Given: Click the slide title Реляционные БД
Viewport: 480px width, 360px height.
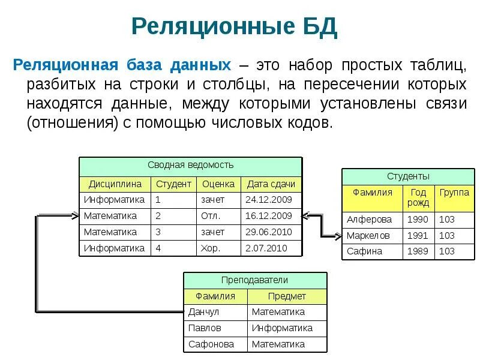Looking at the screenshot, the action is pos(234,26).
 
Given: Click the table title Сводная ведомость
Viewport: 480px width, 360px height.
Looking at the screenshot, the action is pos(191,165).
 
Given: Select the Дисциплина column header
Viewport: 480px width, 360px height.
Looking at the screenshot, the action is pos(115,184).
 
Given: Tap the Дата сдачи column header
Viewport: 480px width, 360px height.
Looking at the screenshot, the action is pos(271,184).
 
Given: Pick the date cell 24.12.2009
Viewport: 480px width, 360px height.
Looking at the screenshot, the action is pos(268,200).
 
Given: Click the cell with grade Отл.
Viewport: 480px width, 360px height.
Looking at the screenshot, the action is pos(211,216).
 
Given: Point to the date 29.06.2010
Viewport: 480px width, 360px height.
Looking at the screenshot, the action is pos(268,232).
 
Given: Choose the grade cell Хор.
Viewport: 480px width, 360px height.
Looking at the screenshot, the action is pos(211,248).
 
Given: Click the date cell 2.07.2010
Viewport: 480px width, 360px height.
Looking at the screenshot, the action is pos(266,248).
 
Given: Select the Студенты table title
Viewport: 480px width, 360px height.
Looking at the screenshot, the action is pos(408,176).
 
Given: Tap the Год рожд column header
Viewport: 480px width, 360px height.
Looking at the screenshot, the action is pos(418,197).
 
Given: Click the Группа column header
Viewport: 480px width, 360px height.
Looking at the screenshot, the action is pos(454,193).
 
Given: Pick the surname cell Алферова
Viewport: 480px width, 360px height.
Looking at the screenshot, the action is pos(369,220).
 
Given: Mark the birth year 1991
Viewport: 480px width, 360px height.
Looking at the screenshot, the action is pos(418,236).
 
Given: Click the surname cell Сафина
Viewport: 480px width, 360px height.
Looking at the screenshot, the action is pos(364,251).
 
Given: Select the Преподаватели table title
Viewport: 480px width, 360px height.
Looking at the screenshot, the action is pos(254,280).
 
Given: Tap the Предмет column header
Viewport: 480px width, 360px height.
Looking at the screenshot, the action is pos(287,296).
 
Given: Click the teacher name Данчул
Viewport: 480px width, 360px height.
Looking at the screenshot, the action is pos(203,312).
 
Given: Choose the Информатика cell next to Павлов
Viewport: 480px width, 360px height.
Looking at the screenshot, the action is pos(282,328).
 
